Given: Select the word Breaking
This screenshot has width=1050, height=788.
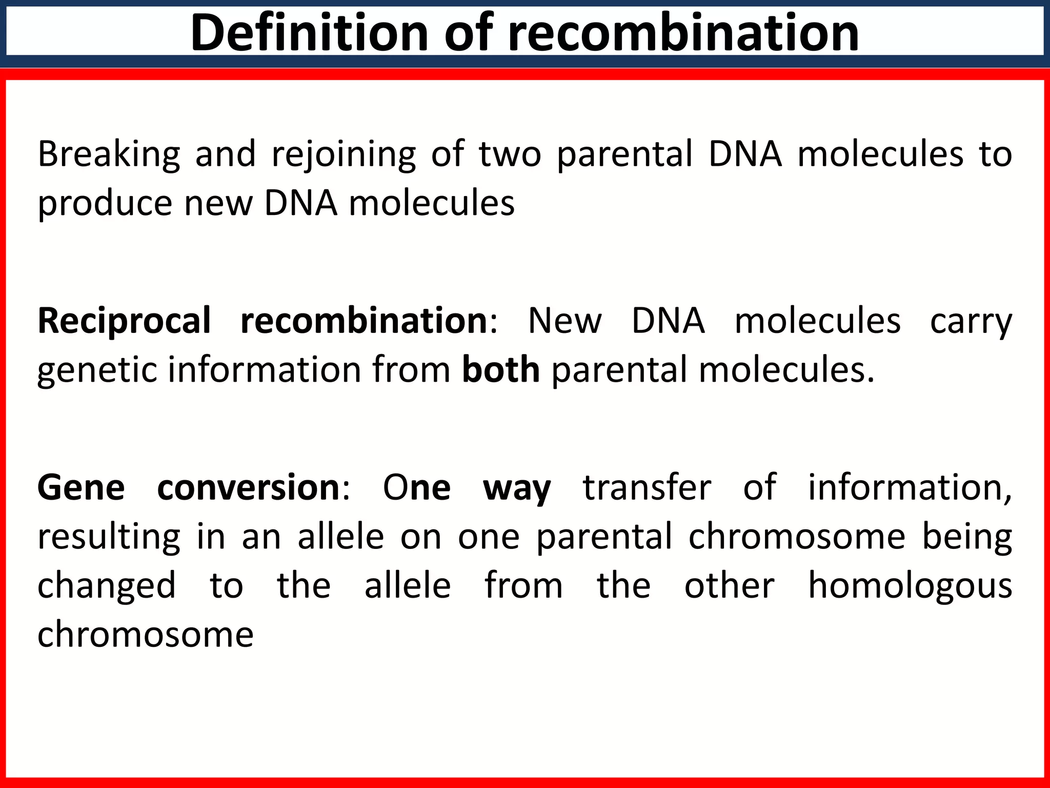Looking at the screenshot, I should click(x=109, y=154).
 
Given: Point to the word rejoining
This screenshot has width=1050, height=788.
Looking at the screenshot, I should click(x=344, y=154).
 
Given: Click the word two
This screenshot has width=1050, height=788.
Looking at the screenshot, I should click(x=510, y=154).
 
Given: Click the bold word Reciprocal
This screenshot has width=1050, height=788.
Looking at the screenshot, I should click(x=124, y=321).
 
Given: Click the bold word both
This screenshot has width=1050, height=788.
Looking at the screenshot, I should click(x=501, y=370).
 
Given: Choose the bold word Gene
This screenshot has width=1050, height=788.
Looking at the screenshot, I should click(x=81, y=487).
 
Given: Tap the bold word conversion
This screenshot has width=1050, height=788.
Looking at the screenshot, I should click(x=248, y=487).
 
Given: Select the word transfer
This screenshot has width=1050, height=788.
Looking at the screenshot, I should click(x=647, y=487).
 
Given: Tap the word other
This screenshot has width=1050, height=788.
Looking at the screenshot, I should click(x=729, y=585).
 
